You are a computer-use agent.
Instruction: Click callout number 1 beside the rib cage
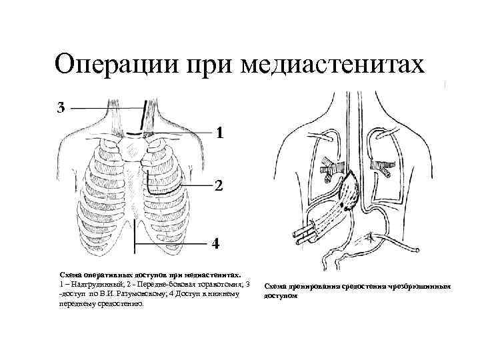click(218, 133)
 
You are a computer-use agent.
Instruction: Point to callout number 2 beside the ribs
click(218, 185)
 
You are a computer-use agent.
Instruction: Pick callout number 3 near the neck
click(61, 107)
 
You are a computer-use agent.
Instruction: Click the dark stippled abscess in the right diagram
click(349, 193)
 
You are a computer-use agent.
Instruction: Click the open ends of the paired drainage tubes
click(298, 233)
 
